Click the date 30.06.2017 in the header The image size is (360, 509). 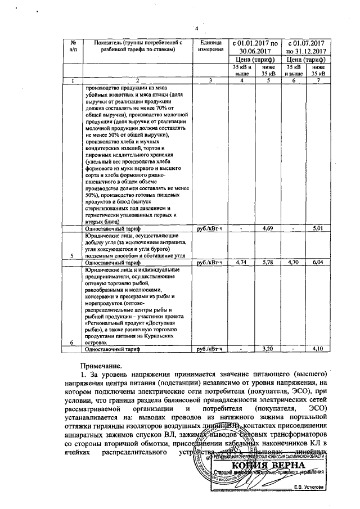pos(255,49)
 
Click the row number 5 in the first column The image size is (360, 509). pos(73,256)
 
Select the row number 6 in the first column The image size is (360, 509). pos(73,343)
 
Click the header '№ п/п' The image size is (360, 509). pos(73,46)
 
